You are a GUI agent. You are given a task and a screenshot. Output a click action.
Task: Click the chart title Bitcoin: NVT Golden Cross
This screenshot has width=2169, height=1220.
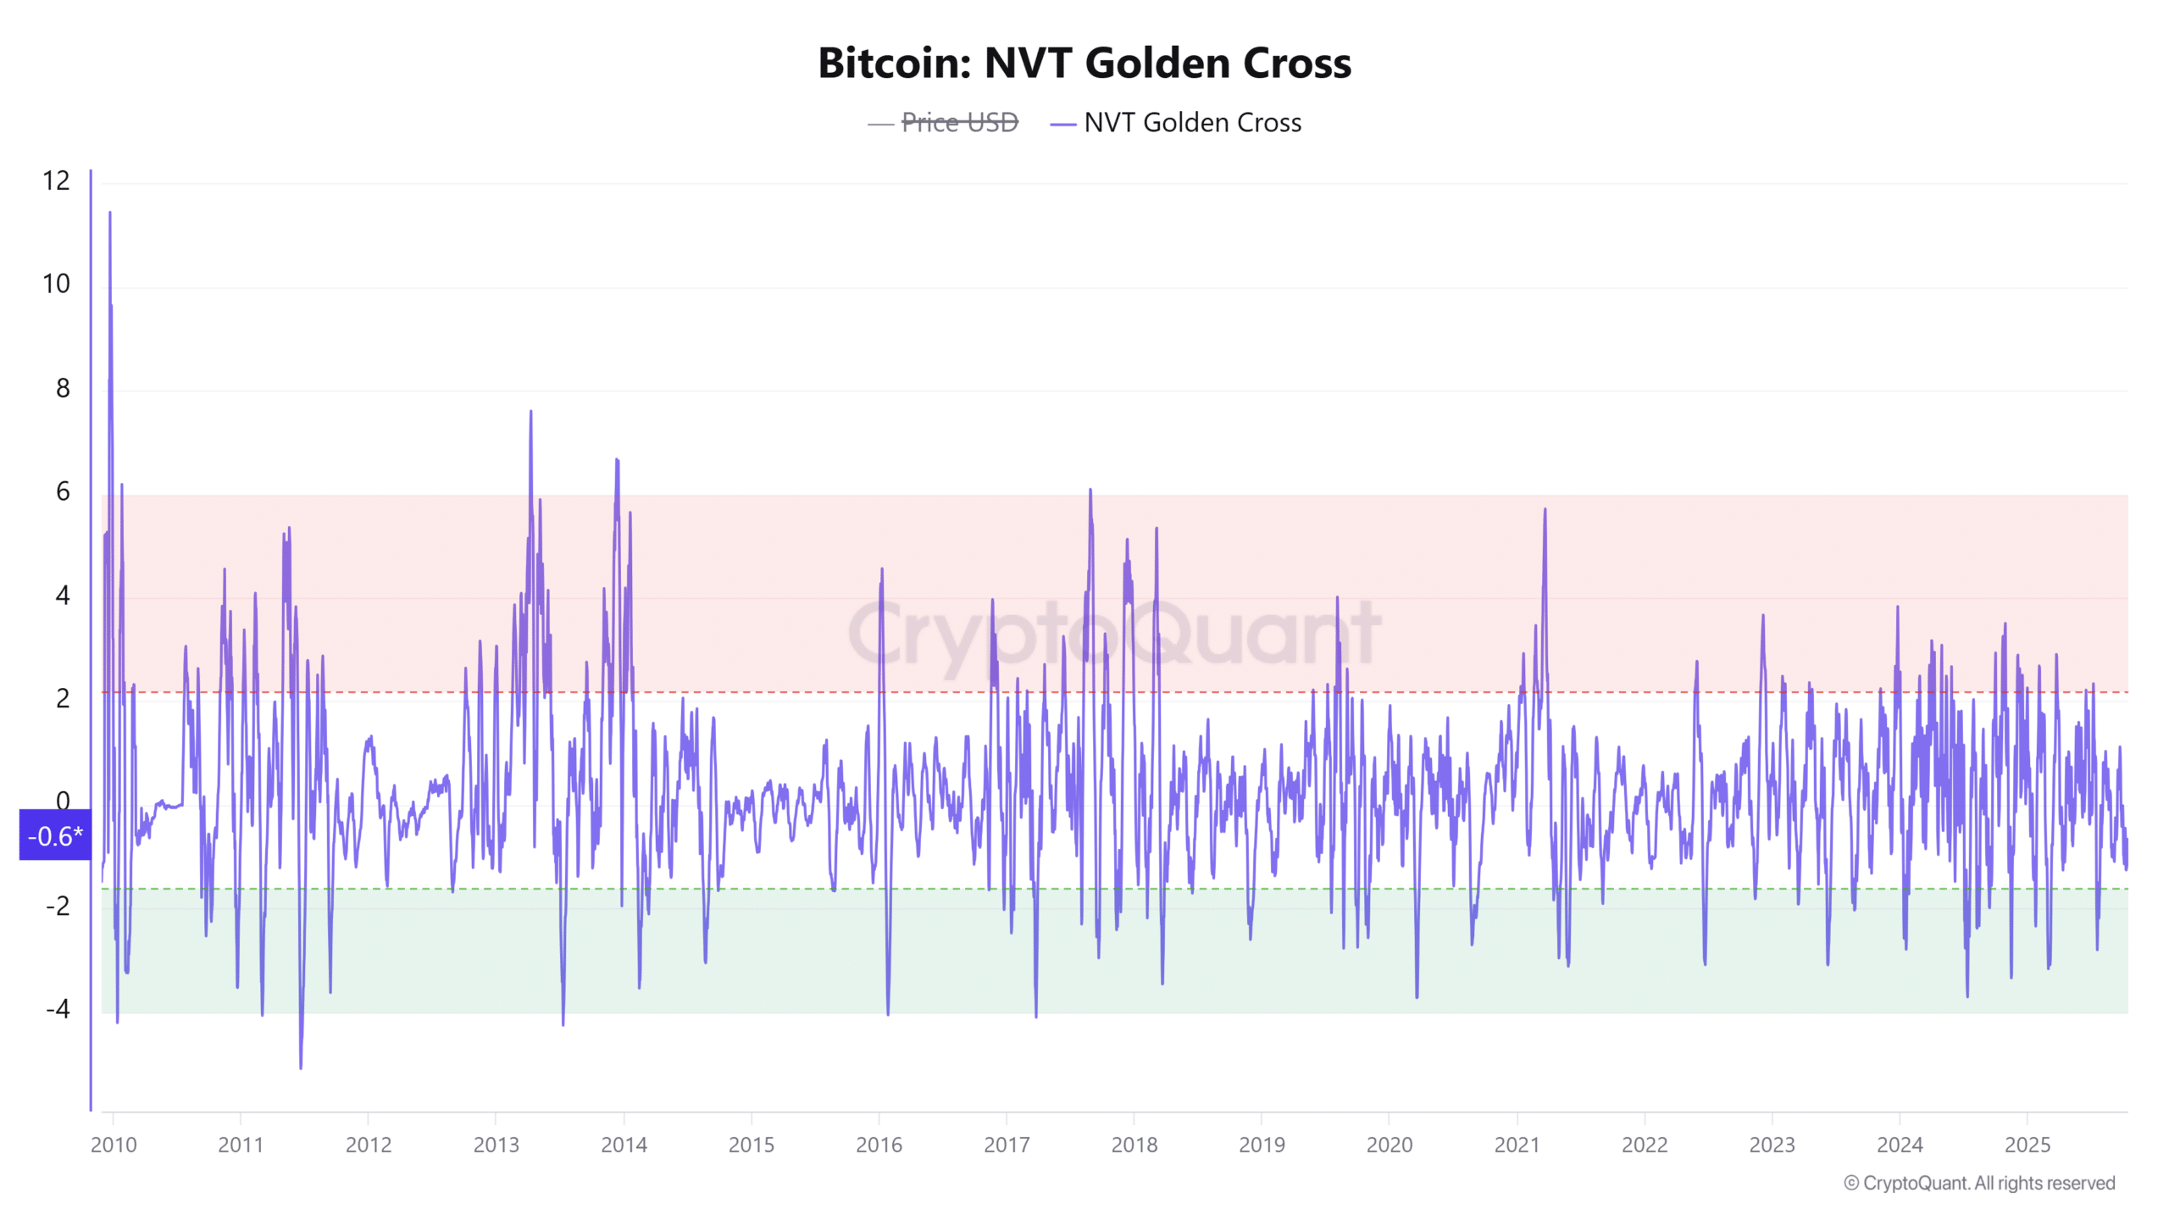pyautogui.click(x=1084, y=64)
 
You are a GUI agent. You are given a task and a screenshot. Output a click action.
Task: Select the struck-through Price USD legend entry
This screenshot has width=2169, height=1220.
pyautogui.click(x=959, y=123)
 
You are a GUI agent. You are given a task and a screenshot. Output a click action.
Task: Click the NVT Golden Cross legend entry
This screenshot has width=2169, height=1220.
pyautogui.click(x=1191, y=123)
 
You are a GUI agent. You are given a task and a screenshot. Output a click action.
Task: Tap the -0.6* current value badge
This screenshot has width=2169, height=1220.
pyautogui.click(x=55, y=835)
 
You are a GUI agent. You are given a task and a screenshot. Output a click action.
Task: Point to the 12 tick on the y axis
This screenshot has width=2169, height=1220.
pyautogui.click(x=57, y=180)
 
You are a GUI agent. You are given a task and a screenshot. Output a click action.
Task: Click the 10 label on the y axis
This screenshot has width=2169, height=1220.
pyautogui.click(x=57, y=284)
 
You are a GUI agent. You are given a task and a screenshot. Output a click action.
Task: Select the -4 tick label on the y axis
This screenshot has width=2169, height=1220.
pyautogui.click(x=58, y=1009)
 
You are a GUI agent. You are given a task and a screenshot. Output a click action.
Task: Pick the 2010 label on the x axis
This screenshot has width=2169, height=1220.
pyautogui.click(x=114, y=1145)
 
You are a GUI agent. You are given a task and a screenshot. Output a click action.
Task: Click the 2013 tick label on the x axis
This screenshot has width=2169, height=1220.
pyautogui.click(x=496, y=1145)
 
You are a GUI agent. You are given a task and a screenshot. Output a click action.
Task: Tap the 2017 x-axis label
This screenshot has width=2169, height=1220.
pyautogui.click(x=1007, y=1145)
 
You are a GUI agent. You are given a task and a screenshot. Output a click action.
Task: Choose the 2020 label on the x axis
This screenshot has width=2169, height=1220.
pyautogui.click(x=1390, y=1145)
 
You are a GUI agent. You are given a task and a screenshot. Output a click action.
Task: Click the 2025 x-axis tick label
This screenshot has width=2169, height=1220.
pyautogui.click(x=2028, y=1145)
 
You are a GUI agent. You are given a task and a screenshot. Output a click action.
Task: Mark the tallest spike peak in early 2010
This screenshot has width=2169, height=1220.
pyautogui.click(x=110, y=213)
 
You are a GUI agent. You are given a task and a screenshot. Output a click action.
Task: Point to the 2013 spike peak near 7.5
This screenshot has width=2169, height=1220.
pyautogui.click(x=531, y=412)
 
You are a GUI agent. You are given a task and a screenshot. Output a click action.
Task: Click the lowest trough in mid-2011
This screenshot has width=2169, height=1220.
pyautogui.click(x=301, y=1067)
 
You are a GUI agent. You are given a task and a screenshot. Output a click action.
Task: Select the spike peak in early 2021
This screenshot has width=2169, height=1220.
pyautogui.click(x=1545, y=509)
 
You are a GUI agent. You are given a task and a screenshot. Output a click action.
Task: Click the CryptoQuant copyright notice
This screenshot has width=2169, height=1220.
pyautogui.click(x=1979, y=1183)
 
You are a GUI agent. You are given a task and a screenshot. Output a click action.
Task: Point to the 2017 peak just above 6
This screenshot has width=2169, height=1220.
pyautogui.click(x=1090, y=490)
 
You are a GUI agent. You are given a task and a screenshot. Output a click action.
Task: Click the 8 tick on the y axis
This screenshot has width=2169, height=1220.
pyautogui.click(x=63, y=388)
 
